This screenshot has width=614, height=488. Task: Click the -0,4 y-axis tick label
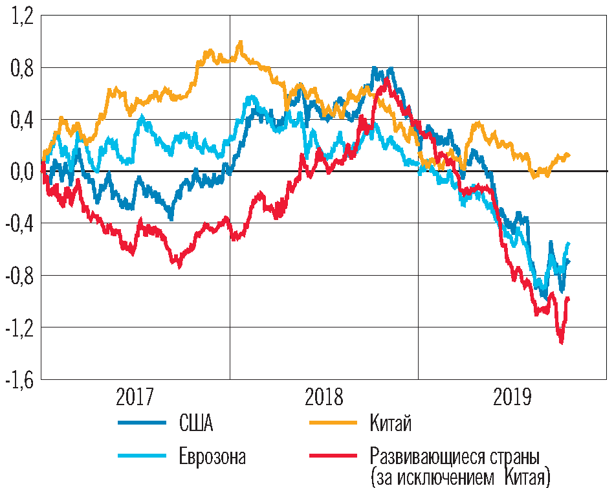pyautogui.click(x=19, y=223)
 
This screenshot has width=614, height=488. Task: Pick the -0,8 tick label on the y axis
pyautogui.click(x=19, y=275)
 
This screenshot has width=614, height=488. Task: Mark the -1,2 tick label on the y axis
pyautogui.click(x=19, y=327)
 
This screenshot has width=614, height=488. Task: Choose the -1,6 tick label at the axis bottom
pyautogui.click(x=19, y=379)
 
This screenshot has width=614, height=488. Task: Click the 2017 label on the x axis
pyautogui.click(x=135, y=396)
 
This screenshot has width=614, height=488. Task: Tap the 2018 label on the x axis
pyautogui.click(x=324, y=396)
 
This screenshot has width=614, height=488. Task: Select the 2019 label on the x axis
pyautogui.click(x=512, y=396)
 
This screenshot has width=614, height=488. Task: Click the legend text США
pyautogui.click(x=195, y=425)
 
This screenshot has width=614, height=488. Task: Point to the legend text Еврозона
pyautogui.click(x=212, y=456)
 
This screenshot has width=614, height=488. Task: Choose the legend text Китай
pyautogui.click(x=391, y=425)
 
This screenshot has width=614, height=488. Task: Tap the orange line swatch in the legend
pyautogui.click(x=334, y=423)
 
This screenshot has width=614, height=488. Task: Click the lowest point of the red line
pyautogui.click(x=562, y=342)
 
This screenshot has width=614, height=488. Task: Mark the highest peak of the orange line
pyautogui.click(x=241, y=43)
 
